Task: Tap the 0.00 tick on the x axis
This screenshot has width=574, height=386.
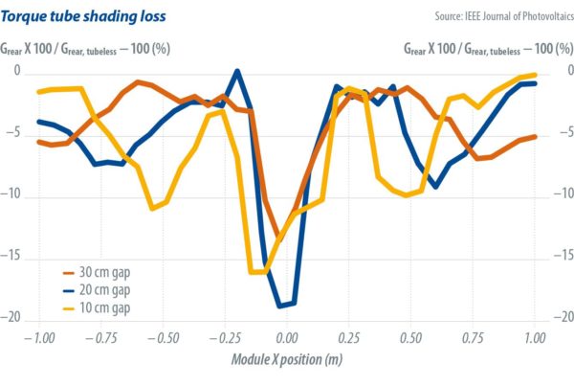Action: (287, 338)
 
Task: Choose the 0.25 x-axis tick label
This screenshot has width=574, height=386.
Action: (349, 338)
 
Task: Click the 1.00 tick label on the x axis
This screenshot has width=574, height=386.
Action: (534, 338)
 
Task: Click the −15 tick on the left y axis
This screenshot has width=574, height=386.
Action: (11, 257)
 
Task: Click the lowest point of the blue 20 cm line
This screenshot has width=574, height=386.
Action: (281, 307)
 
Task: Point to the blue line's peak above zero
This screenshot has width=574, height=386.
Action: (237, 71)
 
